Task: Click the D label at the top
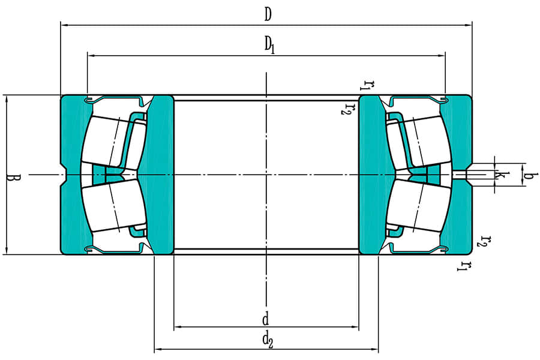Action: point(268,15)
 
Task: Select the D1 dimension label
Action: point(269,45)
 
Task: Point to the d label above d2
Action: point(266,318)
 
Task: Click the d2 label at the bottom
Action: point(268,340)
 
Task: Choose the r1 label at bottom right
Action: point(462,265)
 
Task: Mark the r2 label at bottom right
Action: point(484,241)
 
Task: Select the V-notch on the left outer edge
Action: point(64,175)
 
